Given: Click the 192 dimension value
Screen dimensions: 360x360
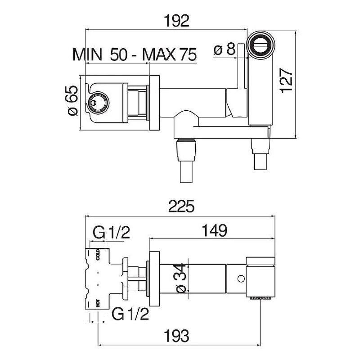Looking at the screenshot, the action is (177, 21).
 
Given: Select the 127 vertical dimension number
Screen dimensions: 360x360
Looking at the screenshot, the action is (287, 81).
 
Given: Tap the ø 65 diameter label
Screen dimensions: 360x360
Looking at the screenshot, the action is (72, 100).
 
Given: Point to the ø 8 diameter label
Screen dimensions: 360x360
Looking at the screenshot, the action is (224, 49).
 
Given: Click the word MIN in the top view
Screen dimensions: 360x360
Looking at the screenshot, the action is (87, 54).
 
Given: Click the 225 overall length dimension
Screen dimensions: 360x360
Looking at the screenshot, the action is (181, 206).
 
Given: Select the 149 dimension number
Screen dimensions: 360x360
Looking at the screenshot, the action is (215, 230).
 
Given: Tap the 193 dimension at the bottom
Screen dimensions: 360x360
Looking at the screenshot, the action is (177, 336).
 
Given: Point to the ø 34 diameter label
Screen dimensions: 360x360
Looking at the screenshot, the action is (182, 278).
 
